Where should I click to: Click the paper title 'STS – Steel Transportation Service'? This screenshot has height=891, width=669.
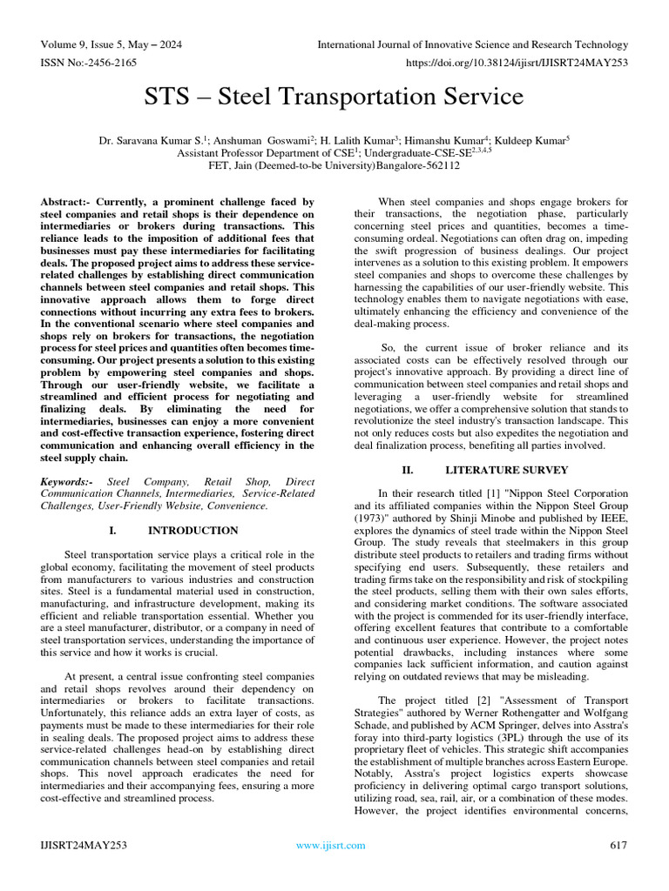coord(334,96)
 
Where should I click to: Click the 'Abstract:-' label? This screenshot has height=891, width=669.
coord(67,202)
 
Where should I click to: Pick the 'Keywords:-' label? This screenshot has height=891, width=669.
coord(70,481)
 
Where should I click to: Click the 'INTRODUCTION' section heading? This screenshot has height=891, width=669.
coord(193,530)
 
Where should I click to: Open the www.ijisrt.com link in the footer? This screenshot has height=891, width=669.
coord(331,845)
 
